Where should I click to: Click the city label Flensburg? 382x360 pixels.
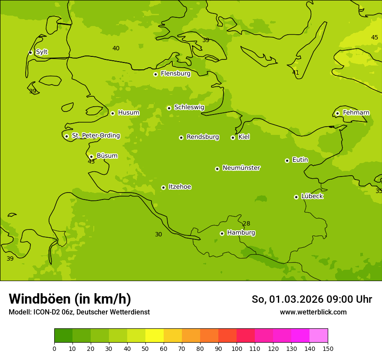(x=175, y=74)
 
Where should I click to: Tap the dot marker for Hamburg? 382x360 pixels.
(x=222, y=233)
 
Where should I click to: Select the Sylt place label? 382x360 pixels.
(x=42, y=52)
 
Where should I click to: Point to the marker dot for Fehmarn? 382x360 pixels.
(x=337, y=113)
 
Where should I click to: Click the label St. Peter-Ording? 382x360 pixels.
(x=95, y=136)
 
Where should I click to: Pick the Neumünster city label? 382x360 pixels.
(x=241, y=168)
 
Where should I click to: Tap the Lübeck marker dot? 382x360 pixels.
(x=296, y=197)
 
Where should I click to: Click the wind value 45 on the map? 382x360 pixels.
(x=374, y=37)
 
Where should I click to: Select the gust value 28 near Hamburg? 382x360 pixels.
(x=246, y=224)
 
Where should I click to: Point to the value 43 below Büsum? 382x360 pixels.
(x=91, y=162)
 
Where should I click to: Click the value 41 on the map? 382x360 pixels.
(x=296, y=72)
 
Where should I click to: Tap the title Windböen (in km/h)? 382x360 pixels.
(x=70, y=299)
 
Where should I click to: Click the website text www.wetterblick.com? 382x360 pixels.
(x=313, y=312)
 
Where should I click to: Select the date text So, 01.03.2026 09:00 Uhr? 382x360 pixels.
(x=312, y=299)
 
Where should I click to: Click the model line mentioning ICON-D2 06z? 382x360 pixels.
(x=79, y=312)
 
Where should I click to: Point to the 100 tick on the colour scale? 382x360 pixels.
(x=237, y=348)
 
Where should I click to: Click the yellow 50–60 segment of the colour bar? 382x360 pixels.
(x=155, y=336)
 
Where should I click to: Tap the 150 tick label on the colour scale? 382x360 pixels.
(x=328, y=348)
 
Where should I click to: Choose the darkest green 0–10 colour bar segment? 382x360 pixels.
(x=63, y=336)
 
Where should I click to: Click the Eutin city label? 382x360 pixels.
(x=300, y=160)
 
